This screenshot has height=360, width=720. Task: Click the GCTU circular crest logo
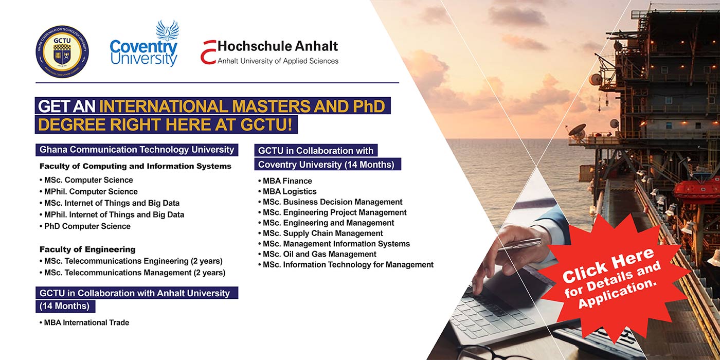pos(62,51)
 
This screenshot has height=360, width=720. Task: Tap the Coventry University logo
pos(143,43)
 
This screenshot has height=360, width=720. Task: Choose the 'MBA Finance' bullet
pos(285,181)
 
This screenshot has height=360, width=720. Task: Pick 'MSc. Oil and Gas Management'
pos(317,254)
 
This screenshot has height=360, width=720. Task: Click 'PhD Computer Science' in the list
pos(85,226)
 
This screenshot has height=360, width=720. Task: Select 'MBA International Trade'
pos(84,323)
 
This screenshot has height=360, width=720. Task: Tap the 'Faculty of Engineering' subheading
pos(87,249)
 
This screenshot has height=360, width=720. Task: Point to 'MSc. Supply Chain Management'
pos(320,233)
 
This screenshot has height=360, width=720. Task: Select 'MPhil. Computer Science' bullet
pos(88,191)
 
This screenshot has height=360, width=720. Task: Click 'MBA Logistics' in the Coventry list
pos(287,191)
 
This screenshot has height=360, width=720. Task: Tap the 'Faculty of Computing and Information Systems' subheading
pos(135,166)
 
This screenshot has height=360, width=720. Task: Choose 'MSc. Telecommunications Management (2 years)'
pos(133,273)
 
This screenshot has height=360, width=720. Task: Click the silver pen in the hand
pos(520,244)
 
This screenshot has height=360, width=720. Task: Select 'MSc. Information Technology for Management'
pos(346,265)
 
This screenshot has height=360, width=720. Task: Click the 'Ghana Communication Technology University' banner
pos(137,150)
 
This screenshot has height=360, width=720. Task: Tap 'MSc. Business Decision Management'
pos(330,202)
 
